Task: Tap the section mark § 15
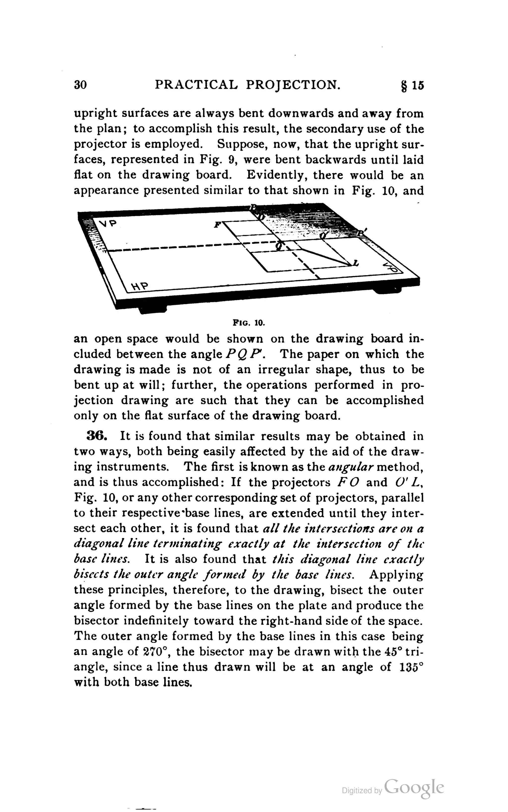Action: pos(413,85)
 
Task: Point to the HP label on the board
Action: pos(139,286)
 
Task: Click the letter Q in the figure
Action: pos(279,246)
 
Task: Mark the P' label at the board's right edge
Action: pos(362,233)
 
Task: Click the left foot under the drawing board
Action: pos(153,309)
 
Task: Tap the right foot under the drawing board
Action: pos(386,289)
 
